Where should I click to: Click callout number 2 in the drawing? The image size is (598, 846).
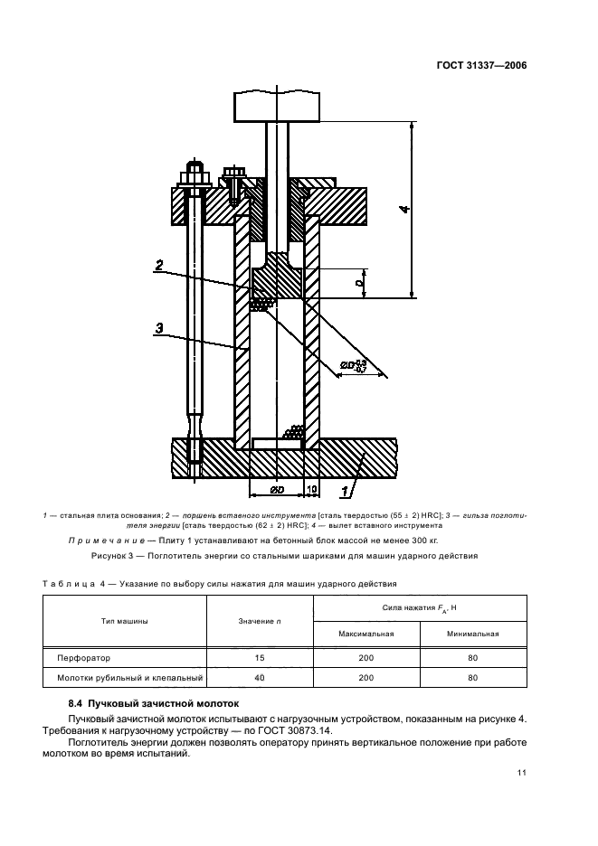pos(158,265)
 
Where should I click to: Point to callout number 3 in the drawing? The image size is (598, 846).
pos(158,330)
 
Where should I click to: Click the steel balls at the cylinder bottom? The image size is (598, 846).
pos(293,434)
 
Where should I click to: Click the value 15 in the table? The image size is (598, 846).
pos(259,658)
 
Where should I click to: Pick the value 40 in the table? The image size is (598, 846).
pos(259,677)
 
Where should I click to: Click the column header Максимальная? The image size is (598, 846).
pos(365,634)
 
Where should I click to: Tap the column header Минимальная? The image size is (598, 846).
pos(472,634)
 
